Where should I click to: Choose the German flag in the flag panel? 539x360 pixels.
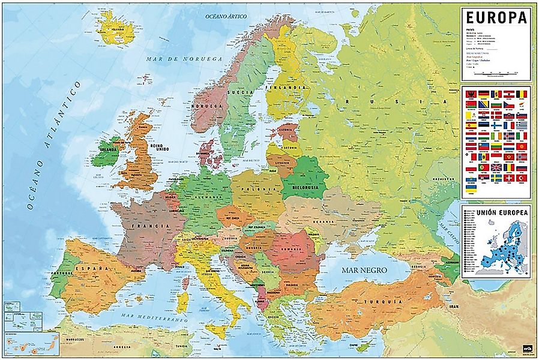pyautogui.click(x=483, y=94)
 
